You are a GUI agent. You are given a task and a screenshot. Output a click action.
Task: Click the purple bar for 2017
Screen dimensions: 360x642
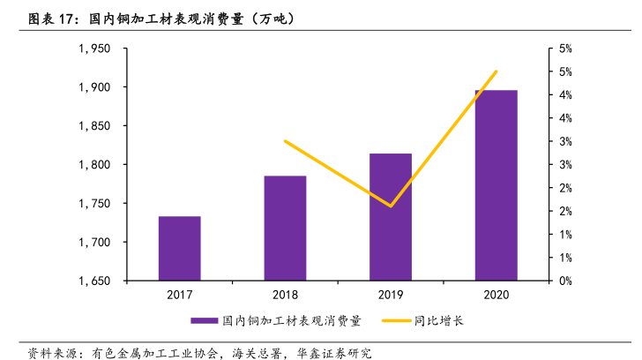point(179,248)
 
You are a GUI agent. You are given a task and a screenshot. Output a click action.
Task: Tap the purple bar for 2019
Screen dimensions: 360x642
point(391,217)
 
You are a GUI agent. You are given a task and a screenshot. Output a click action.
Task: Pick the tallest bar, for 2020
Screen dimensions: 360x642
point(496,185)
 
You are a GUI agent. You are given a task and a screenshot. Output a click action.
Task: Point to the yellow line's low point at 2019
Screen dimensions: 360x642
point(391,206)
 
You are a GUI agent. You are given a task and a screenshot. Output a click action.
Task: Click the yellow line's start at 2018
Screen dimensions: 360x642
point(285,141)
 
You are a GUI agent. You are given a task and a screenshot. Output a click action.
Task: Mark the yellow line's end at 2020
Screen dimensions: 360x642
point(496,71)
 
